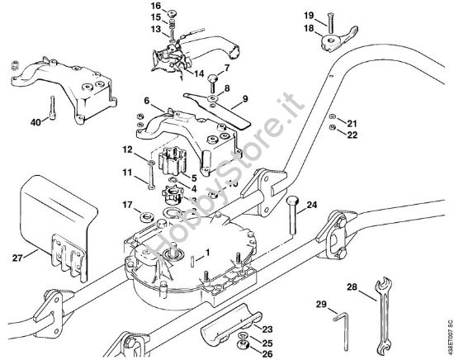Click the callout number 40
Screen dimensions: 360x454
[x=35, y=123]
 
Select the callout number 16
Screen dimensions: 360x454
[x=179, y=6]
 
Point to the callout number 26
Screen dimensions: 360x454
[x=267, y=354]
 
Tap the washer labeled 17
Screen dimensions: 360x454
[x=148, y=218]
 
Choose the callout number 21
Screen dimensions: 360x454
[x=352, y=123]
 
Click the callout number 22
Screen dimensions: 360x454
[x=352, y=135]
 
